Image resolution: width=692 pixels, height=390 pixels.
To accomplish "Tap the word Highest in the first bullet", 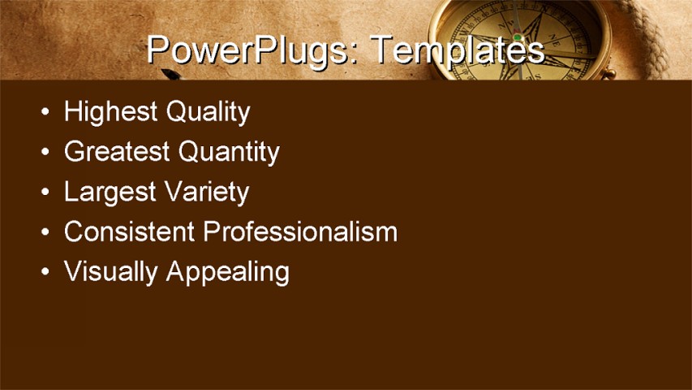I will point(110,111).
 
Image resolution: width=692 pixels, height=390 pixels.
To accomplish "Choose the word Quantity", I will point(228,152).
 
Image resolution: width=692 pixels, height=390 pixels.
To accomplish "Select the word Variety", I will point(206,192).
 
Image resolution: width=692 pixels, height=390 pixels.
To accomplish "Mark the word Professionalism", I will point(300,232).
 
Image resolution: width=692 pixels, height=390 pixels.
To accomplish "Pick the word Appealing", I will point(227,272).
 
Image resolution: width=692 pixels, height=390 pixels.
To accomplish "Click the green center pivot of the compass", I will point(517,37).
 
